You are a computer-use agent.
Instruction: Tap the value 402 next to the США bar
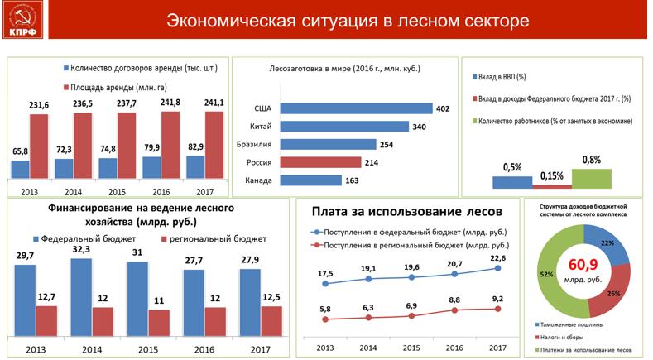pos(444,108)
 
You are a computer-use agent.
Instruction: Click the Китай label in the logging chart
pos(260,127)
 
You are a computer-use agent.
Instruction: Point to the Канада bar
pos(311,180)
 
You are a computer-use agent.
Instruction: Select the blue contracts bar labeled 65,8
pos(20,169)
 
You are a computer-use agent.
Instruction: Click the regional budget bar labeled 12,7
pos(47,319)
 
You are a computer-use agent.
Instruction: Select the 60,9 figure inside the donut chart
pos(585,266)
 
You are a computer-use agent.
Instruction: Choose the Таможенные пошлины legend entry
pos(572,325)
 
